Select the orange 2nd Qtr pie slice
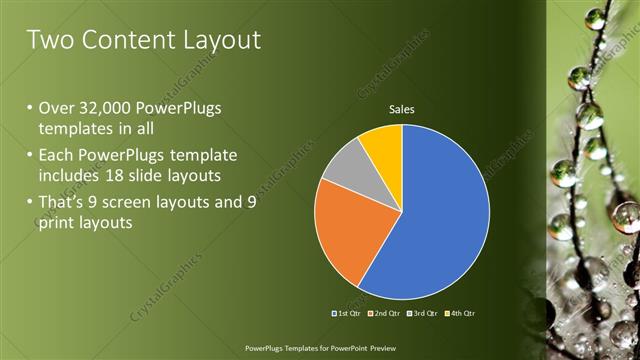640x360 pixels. click(345, 235)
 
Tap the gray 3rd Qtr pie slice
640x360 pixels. click(345, 168)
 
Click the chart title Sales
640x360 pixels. click(402, 109)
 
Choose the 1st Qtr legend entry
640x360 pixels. click(347, 313)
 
